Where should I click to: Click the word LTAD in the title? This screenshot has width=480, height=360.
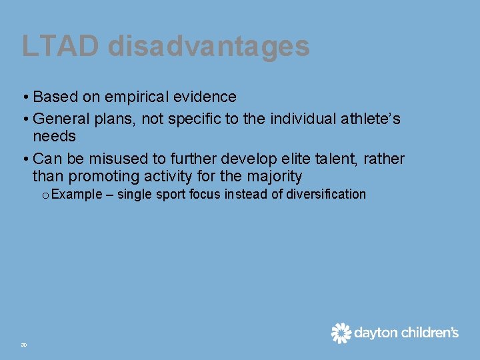tap(61, 46)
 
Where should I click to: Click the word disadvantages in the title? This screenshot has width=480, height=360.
tap(208, 46)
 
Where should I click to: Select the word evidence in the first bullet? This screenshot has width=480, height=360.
tap(208, 97)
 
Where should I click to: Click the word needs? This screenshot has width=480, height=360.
tap(54, 137)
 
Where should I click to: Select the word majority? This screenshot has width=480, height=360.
tap(274, 177)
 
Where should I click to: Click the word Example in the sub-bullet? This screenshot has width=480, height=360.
tap(75, 195)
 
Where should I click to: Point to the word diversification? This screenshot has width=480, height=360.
tap(326, 195)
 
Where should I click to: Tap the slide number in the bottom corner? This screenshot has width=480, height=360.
tap(23, 345)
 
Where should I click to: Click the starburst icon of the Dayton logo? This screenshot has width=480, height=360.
tap(341, 333)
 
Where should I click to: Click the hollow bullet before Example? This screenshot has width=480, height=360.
tap(44, 195)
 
